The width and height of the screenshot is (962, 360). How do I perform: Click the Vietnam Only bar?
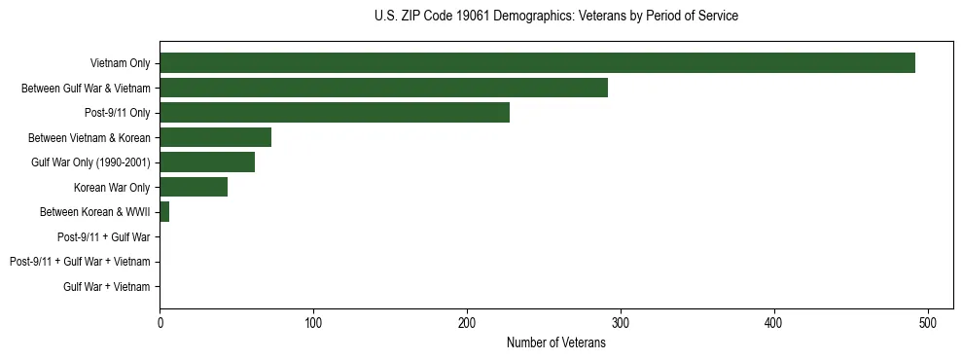point(537,63)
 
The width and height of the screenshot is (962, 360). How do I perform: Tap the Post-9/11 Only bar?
point(335,113)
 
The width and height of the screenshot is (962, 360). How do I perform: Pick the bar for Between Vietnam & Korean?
point(215,137)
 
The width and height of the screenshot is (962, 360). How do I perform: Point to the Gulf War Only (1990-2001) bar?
point(207,162)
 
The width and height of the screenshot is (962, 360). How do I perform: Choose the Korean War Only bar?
point(194,187)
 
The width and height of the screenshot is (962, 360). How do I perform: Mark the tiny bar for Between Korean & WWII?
point(164,212)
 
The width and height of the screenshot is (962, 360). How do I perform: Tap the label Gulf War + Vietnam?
point(107,287)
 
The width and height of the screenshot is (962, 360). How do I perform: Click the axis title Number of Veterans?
point(555,342)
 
